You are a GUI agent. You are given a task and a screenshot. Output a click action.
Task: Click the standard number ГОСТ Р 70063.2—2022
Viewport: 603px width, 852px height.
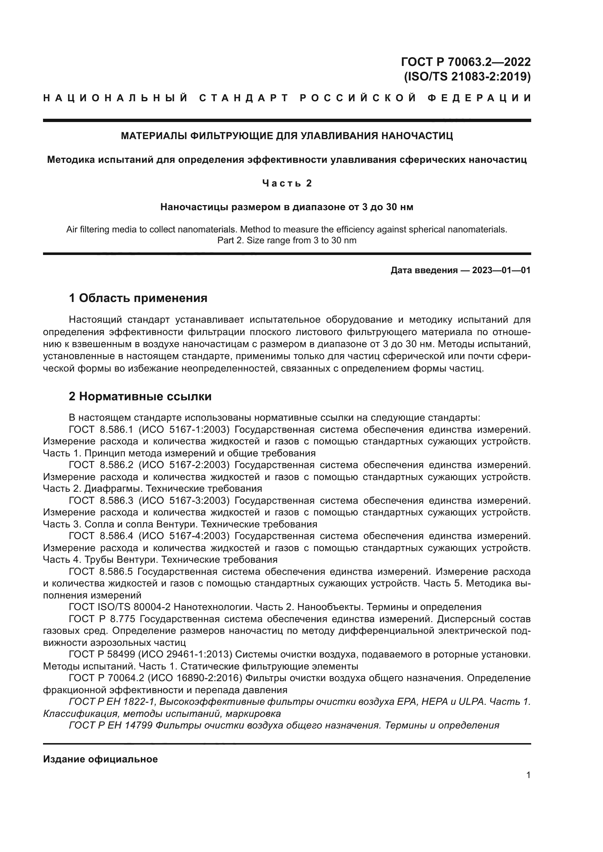[x=466, y=61]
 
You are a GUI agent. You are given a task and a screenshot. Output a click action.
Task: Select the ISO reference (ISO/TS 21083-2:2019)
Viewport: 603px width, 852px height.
[x=467, y=76]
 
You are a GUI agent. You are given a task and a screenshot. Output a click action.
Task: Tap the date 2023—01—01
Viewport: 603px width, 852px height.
[x=501, y=270]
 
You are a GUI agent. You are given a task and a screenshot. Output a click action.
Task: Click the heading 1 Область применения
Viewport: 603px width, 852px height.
[x=138, y=298]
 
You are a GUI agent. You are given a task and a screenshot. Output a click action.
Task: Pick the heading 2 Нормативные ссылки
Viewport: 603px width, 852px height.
[x=140, y=396]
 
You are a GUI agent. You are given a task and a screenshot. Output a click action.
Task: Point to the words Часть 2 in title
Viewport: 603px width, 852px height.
[x=287, y=183]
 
